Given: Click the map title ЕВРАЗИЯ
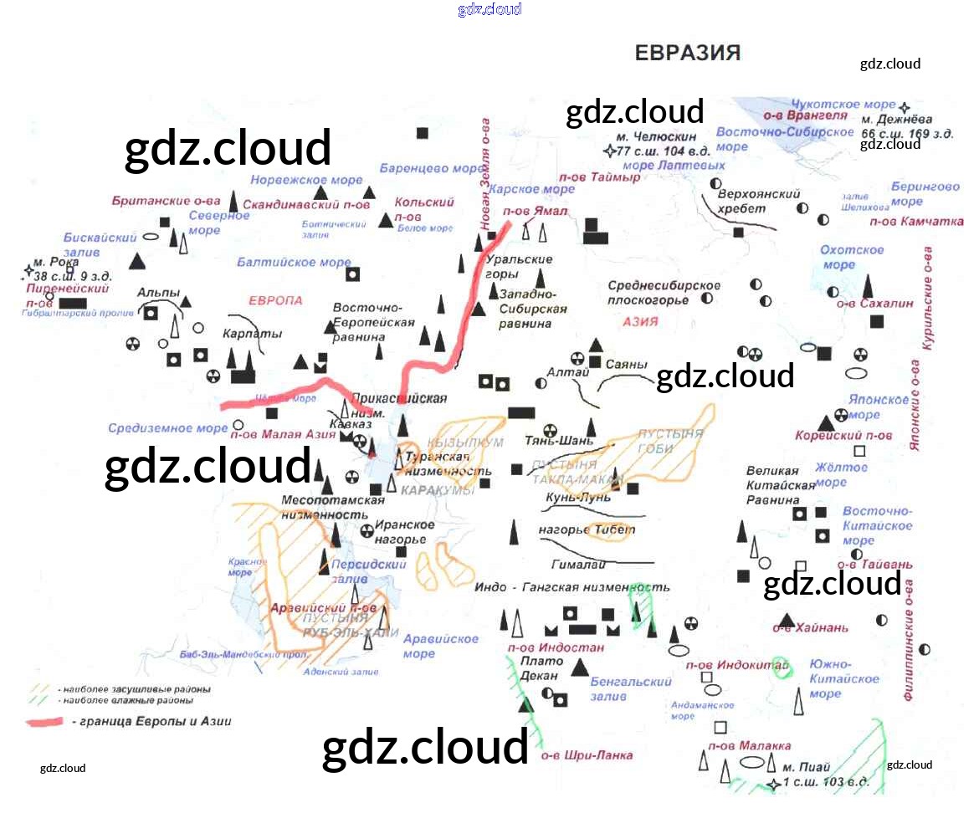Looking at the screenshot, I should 688,54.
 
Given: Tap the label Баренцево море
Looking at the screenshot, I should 431,168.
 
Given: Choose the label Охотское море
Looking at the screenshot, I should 852,258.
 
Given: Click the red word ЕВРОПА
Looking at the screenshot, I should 275,300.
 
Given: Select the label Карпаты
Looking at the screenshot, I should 253,334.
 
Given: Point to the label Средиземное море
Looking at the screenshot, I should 167,429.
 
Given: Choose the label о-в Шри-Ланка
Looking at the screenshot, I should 586,756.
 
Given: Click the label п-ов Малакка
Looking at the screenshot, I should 749,746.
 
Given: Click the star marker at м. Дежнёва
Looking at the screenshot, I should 905,108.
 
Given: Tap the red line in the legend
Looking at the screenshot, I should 57,722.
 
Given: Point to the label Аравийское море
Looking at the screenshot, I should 441,646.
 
